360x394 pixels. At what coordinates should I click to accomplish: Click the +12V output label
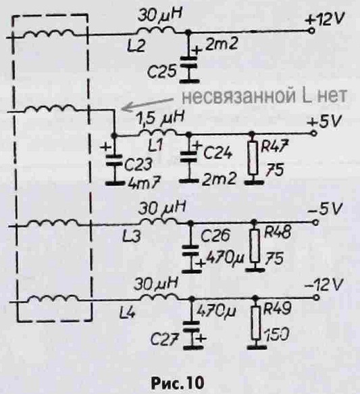(x=324, y=19)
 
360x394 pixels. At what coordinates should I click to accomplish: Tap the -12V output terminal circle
(x=317, y=298)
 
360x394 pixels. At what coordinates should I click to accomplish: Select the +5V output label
(x=324, y=122)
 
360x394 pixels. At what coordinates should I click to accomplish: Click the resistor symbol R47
(x=253, y=158)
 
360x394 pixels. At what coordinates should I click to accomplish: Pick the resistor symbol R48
(x=255, y=246)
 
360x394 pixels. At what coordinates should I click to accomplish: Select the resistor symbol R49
(x=256, y=323)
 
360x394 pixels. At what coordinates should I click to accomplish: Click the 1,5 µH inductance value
(x=160, y=118)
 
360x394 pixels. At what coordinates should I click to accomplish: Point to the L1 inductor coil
(x=158, y=133)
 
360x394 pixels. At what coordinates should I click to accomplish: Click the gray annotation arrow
(x=147, y=104)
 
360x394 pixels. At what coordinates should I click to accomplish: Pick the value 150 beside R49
(x=276, y=335)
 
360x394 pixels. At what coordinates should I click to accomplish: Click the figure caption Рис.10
(x=178, y=383)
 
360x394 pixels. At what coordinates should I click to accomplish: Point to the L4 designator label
(x=128, y=313)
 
